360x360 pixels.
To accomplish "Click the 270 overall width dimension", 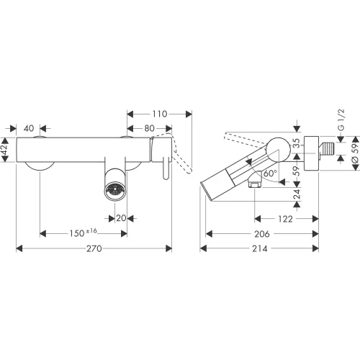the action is click(94, 248).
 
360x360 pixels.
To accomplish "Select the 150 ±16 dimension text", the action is click(84, 233).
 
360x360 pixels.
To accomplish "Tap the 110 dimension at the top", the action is click(160, 114).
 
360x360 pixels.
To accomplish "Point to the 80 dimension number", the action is click(149, 128).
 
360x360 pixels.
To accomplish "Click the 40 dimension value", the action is click(29, 128).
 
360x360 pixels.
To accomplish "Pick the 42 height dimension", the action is click(5, 149).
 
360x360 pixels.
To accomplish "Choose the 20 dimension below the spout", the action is click(121, 218).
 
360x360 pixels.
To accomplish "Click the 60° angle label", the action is click(270, 173).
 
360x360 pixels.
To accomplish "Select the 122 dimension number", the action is click(285, 219).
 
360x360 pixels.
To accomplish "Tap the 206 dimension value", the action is click(262, 234).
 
